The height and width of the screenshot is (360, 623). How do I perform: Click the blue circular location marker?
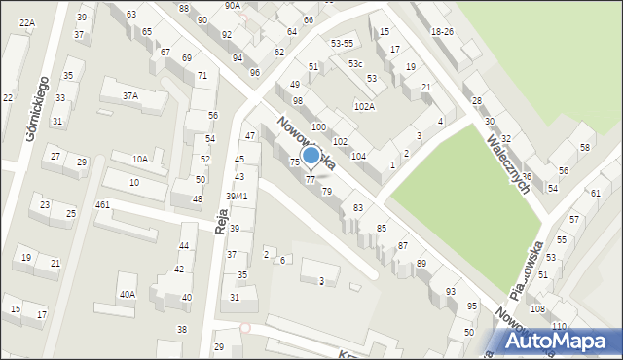point(311,155)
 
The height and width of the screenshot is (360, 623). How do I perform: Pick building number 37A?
point(129,95)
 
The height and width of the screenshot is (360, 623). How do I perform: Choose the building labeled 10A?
point(140,159)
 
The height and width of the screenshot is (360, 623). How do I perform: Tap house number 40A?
point(128,294)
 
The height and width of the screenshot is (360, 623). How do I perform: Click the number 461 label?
point(102,205)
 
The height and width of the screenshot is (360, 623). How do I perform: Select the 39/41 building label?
point(237,197)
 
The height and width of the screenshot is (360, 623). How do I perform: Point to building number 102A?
point(364,107)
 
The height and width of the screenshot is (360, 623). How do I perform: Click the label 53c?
point(355,63)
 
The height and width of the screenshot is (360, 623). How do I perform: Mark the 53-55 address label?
point(342,44)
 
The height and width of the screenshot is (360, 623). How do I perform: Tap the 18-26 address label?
point(442,32)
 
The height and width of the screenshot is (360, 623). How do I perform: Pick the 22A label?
point(26,22)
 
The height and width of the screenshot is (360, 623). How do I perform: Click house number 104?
point(358,156)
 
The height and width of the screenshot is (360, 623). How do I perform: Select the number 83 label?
point(358,208)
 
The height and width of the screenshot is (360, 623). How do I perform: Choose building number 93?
point(450,292)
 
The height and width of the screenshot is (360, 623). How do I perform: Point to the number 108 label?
point(537,308)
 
